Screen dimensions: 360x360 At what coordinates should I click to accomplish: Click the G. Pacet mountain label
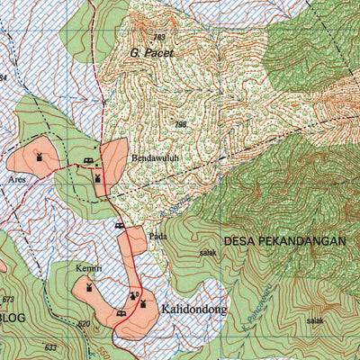tap(148, 52)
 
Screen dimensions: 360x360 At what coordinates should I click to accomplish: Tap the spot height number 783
tap(159, 37)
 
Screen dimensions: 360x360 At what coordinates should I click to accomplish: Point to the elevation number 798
tap(180, 125)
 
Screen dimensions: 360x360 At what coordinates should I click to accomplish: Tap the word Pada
tap(158, 237)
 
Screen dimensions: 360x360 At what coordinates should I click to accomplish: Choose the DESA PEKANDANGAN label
tap(284, 241)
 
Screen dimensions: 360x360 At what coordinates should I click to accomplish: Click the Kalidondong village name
tap(194, 310)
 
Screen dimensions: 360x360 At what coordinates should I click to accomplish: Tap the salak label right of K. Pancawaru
tap(314, 320)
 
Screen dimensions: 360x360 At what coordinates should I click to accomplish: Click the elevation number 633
tap(50, 347)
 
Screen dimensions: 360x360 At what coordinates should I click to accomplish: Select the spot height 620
tap(84, 324)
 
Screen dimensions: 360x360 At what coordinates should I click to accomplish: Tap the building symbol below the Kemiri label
tap(88, 288)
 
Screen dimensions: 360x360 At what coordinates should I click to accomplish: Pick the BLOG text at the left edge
tap(13, 319)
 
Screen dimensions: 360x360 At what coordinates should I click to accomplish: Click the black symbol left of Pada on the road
tap(120, 227)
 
